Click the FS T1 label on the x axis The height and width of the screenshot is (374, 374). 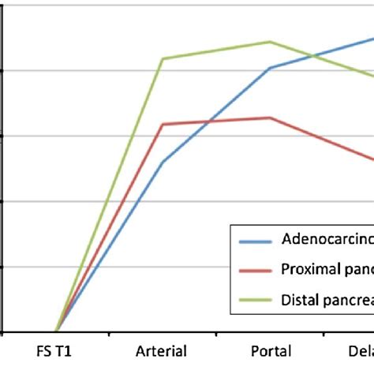(56, 351)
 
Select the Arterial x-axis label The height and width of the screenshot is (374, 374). (162, 351)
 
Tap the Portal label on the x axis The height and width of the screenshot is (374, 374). (270, 351)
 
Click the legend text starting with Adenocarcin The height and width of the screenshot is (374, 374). (327, 239)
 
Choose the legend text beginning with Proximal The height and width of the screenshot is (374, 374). (327, 269)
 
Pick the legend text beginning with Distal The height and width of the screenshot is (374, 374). (327, 299)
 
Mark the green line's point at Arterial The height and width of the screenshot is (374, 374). (163, 58)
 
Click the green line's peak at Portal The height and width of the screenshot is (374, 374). (270, 42)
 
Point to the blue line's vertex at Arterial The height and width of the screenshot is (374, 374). (163, 163)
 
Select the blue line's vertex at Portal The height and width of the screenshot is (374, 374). (270, 68)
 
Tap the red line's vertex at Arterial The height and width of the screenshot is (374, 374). (163, 124)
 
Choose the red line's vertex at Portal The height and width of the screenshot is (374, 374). (270, 118)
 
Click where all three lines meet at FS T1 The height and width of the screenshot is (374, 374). (56, 332)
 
